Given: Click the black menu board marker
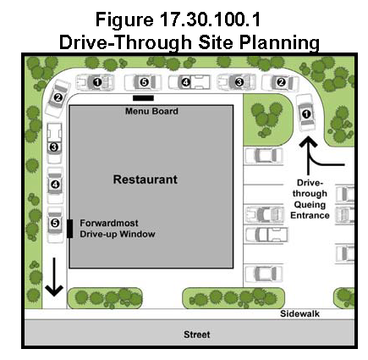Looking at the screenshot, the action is (x=143, y=98).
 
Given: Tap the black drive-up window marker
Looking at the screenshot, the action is (x=69, y=229).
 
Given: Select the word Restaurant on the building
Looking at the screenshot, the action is (x=146, y=180).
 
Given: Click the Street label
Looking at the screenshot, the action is (x=197, y=335).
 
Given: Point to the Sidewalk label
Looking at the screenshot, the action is (x=299, y=313).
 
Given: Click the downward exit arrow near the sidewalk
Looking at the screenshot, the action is (x=54, y=277).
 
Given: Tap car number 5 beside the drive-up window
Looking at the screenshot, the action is (x=55, y=224).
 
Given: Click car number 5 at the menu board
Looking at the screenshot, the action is (x=143, y=82).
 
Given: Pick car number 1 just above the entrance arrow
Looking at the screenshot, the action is (x=305, y=114).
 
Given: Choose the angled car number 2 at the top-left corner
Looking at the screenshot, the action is (x=58, y=97).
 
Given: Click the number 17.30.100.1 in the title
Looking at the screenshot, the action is (x=210, y=19).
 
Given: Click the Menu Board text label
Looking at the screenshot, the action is (x=151, y=111).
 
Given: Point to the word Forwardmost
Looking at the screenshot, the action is (x=109, y=223).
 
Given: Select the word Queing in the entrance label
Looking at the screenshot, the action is (x=310, y=204).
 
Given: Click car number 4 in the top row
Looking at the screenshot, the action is (x=189, y=82).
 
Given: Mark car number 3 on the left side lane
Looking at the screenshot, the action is (x=54, y=143).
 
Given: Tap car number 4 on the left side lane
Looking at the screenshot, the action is (x=55, y=186).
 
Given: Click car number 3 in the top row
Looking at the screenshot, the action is (x=237, y=82).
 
